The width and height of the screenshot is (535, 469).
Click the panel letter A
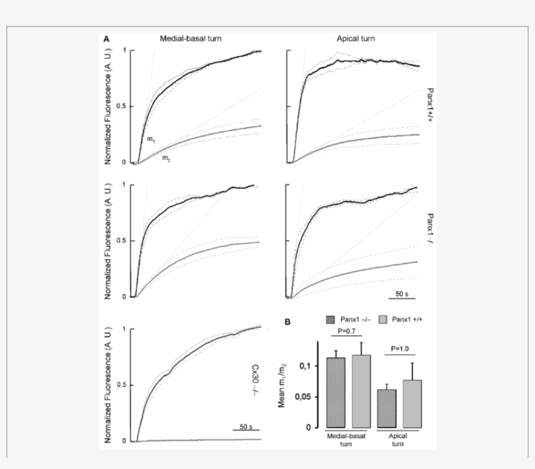click(x=106, y=40)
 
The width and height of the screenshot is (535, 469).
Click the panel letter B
click(x=286, y=321)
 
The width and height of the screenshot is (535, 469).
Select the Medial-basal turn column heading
click(x=191, y=39)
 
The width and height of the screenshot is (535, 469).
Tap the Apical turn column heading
click(x=356, y=39)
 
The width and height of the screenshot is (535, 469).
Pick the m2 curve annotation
click(x=166, y=158)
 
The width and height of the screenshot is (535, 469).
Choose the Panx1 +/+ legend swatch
click(x=383, y=319)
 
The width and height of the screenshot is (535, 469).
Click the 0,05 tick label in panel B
click(x=306, y=396)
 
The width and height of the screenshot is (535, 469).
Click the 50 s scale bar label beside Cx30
click(x=245, y=427)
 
